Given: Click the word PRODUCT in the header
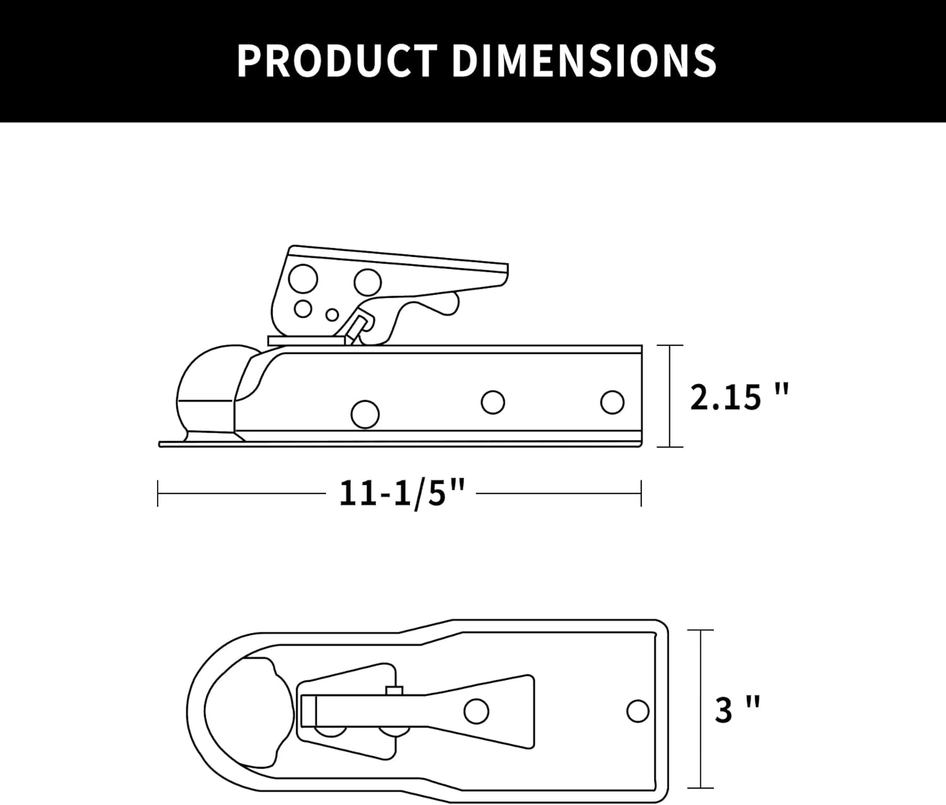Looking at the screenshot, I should click(337, 61).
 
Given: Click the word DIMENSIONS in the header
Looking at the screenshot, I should click(584, 61).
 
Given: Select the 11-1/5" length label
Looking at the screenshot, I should click(402, 493).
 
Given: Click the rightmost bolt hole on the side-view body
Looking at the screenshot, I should click(612, 402).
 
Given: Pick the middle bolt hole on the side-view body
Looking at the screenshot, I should click(493, 402).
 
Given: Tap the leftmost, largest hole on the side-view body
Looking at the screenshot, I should click(365, 414).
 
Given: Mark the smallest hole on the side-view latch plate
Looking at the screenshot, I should click(332, 314).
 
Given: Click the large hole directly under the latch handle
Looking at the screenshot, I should click(367, 282).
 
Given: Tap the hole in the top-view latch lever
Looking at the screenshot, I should click(476, 711).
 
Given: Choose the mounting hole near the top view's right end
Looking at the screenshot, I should click(638, 711).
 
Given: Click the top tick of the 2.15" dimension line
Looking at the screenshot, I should click(670, 345).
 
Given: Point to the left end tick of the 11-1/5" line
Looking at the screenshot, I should click(158, 493).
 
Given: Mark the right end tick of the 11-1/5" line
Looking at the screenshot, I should click(641, 493).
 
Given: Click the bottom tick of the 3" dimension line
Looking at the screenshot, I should click(701, 788).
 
